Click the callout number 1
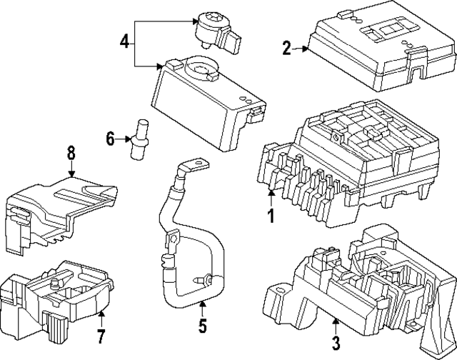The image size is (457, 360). pyautogui.click(x=271, y=214)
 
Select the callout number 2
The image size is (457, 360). pyautogui.click(x=287, y=49)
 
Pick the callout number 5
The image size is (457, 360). pyautogui.click(x=202, y=326)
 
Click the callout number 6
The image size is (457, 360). pyautogui.click(x=110, y=139)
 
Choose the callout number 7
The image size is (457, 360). pyautogui.click(x=101, y=335)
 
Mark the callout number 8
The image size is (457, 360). pyautogui.click(x=71, y=152)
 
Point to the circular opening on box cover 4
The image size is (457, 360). pyautogui.click(x=204, y=71)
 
